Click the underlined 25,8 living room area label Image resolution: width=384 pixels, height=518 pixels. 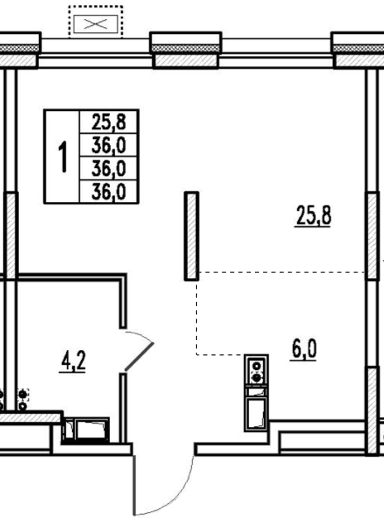point(313,215)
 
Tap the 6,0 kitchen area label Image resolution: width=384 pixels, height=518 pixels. point(304,349)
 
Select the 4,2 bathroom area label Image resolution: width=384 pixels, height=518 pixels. point(73,362)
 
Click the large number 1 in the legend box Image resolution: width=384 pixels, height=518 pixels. point(62,156)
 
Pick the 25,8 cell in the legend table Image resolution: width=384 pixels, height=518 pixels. point(108,122)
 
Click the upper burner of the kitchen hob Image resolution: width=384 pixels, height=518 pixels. point(257,366)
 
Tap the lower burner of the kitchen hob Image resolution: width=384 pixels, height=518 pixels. point(257,377)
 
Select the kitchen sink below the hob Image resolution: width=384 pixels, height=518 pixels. point(257,413)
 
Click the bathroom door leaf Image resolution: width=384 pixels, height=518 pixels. point(139,356)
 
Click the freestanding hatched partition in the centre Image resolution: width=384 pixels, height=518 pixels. point(191,236)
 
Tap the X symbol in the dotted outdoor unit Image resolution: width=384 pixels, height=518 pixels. point(96,24)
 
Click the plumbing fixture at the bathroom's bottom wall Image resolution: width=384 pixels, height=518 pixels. point(86,429)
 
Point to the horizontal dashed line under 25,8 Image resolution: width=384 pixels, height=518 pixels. point(282,272)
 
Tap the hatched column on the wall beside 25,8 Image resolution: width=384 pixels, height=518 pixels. point(372,236)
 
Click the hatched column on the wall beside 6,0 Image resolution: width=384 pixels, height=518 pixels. point(372,410)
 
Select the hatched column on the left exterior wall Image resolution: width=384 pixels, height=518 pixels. point(11,236)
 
